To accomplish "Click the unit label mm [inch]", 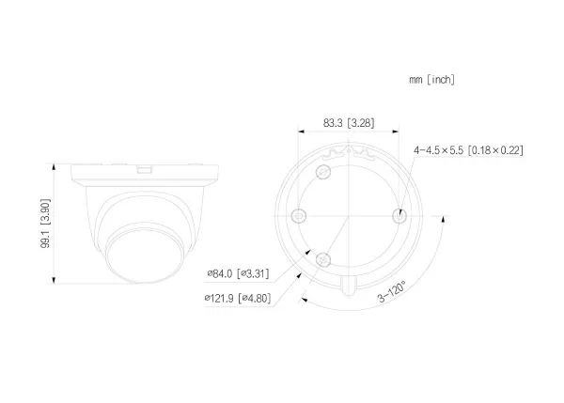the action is pos(431,80).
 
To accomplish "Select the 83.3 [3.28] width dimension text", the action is pos(349,123).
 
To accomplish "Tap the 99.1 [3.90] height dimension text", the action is pos(45,223).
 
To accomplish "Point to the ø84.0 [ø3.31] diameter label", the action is pos(238,274).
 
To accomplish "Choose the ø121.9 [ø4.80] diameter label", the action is pos(238,298).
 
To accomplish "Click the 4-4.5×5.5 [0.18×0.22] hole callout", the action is pos(468,150).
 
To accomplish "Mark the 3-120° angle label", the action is pos(391,291).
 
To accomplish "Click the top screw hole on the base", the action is pos(323,172).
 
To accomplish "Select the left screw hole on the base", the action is pos(298,216).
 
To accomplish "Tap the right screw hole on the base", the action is pos(399,216).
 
